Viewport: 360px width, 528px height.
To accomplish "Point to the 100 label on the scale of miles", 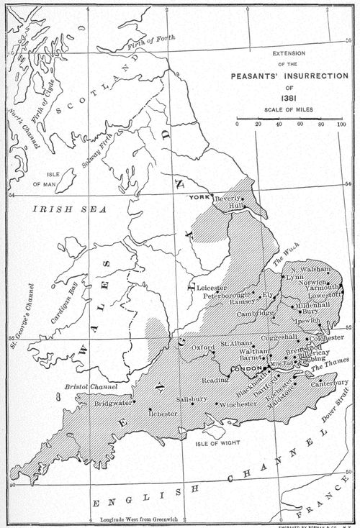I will pyautogui.click(x=341, y=125).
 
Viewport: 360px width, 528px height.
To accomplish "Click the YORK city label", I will pyautogui.click(x=197, y=197).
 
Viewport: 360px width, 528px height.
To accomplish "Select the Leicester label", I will pyautogui.click(x=211, y=288).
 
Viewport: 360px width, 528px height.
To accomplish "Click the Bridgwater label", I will pyautogui.click(x=114, y=404).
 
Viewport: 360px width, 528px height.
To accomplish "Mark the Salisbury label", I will pyautogui.click(x=192, y=399).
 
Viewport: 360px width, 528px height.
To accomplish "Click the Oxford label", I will pyautogui.click(x=204, y=347).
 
